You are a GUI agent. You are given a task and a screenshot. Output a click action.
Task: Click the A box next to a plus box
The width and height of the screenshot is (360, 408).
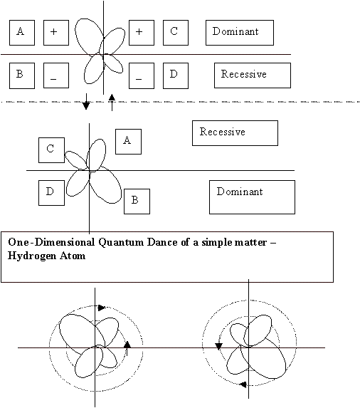click(x=22, y=33)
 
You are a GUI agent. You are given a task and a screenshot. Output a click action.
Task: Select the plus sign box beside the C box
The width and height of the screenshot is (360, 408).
click(x=142, y=33)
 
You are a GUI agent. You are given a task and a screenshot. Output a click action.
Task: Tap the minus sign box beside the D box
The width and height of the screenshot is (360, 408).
click(x=142, y=75)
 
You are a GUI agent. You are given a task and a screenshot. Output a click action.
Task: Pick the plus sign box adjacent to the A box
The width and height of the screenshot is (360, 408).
click(x=56, y=33)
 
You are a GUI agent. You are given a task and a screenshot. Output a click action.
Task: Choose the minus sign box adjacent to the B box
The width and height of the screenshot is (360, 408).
click(x=56, y=75)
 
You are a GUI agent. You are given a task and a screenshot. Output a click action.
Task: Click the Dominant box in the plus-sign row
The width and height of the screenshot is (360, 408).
click(x=240, y=33)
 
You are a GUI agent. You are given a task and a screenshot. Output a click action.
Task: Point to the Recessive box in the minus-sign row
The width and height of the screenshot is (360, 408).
click(x=253, y=75)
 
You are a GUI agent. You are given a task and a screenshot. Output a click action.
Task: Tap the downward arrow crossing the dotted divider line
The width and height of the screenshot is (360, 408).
click(x=86, y=102)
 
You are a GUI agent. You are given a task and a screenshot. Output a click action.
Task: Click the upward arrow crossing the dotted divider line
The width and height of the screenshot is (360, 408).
click(x=112, y=103)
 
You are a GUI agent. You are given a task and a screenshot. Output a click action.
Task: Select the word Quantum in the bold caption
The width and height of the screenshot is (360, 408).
click(x=121, y=243)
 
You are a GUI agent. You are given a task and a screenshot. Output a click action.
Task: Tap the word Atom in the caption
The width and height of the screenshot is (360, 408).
click(x=73, y=256)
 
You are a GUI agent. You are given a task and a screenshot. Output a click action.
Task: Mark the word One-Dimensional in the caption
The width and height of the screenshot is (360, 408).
click(x=51, y=242)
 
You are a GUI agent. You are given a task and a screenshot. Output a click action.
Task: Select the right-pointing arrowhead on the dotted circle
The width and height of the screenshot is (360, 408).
click(x=102, y=308)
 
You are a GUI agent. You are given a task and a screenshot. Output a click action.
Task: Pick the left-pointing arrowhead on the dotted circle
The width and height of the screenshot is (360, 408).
click(x=243, y=385)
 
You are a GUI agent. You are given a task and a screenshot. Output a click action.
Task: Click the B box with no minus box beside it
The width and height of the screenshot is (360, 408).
click(x=137, y=202)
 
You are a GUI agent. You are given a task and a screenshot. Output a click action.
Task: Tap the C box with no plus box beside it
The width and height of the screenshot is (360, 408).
click(x=51, y=150)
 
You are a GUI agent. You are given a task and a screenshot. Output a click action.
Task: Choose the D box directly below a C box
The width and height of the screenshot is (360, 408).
click(x=51, y=193)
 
